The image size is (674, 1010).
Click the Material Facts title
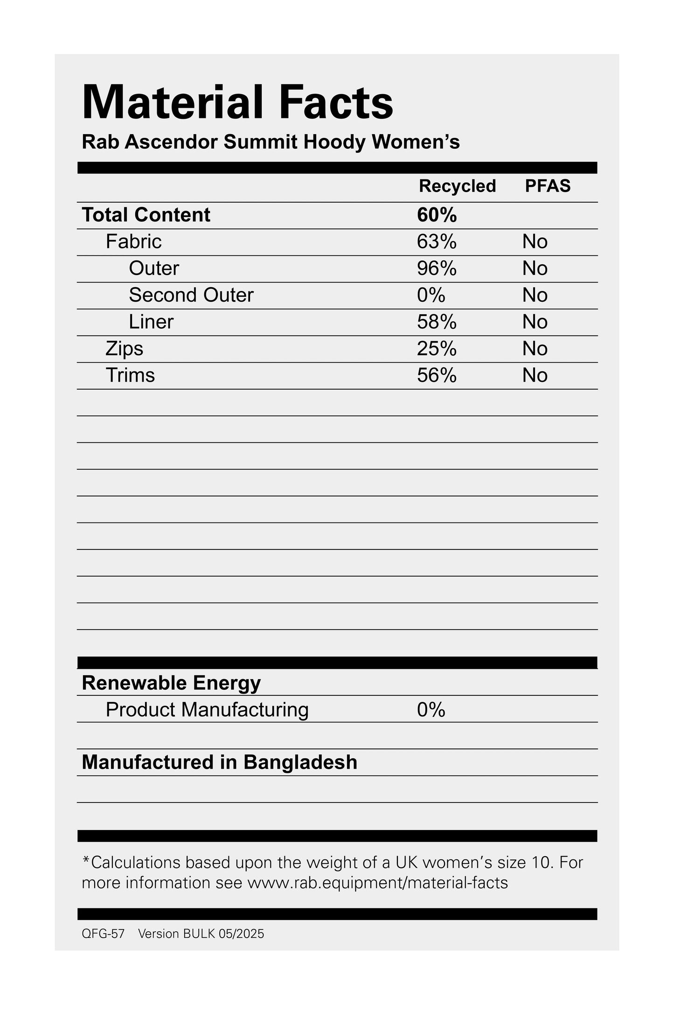click(x=237, y=103)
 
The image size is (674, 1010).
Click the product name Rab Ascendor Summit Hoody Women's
click(x=271, y=142)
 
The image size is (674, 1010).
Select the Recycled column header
click(x=457, y=186)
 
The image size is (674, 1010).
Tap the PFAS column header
click(x=548, y=186)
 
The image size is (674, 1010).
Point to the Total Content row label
click(x=146, y=215)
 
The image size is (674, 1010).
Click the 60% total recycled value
click(x=437, y=215)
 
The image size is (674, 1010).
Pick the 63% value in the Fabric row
click(x=437, y=241)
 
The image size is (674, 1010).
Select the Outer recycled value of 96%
click(x=437, y=268)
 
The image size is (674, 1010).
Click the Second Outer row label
click(x=191, y=295)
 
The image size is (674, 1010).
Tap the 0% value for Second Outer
click(x=431, y=295)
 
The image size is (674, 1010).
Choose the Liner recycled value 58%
click(x=437, y=322)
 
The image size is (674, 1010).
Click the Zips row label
click(x=124, y=349)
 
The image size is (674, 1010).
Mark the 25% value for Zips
click(x=437, y=349)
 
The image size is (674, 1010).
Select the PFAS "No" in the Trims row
click(x=535, y=376)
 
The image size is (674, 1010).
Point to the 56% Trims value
click(x=437, y=376)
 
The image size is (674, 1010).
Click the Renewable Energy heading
click(x=171, y=683)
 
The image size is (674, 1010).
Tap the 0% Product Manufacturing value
click(x=431, y=710)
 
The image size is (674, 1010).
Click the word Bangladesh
click(x=300, y=763)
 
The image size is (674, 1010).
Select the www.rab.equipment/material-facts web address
click(x=377, y=883)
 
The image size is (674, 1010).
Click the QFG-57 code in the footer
click(x=103, y=934)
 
